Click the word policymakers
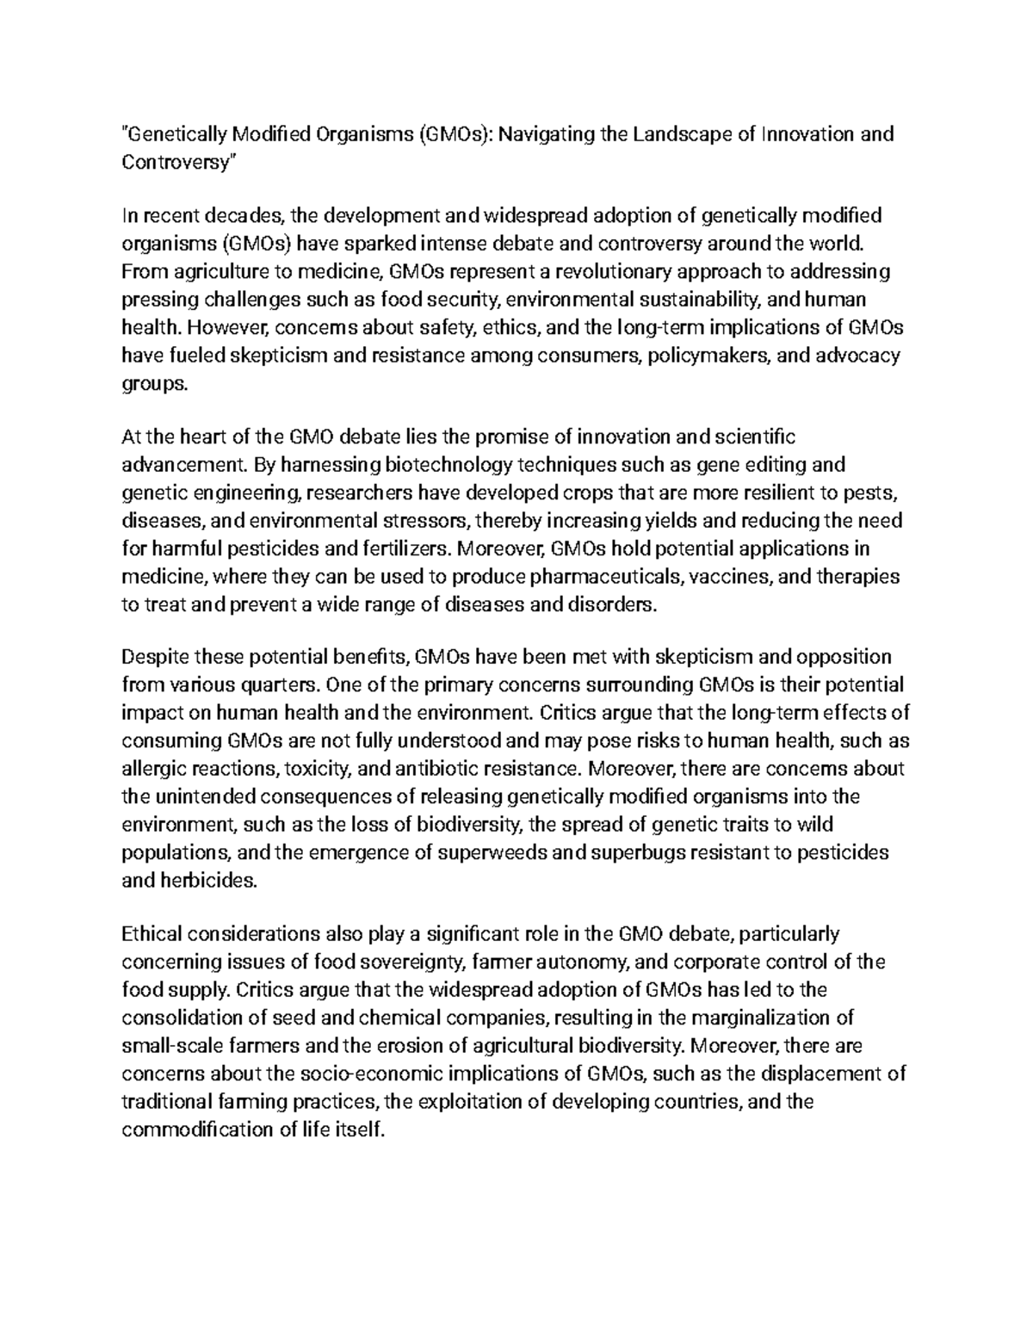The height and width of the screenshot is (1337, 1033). click(705, 356)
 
